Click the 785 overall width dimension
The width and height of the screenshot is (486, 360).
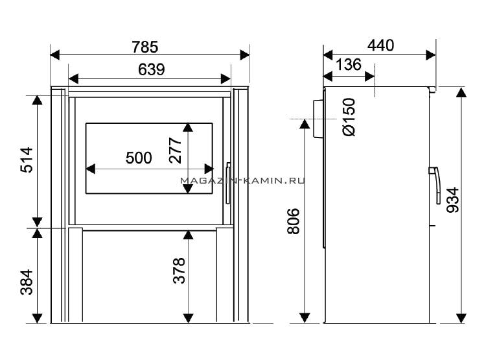pos(145,47)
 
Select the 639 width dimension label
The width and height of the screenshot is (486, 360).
pos(151,69)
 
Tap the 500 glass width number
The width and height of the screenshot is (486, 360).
pos(139,158)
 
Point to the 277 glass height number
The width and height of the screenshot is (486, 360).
pos(175,150)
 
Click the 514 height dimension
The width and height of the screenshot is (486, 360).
pos(27,160)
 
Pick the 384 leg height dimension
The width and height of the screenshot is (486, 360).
pos(27,282)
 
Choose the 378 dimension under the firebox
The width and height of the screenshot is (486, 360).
pos(179,270)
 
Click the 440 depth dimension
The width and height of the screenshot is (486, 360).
pos(380,45)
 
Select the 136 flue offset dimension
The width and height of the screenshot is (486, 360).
pos(349,65)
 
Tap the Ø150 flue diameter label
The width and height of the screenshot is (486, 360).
pos(349,117)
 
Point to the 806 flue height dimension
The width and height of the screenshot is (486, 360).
pos(294,221)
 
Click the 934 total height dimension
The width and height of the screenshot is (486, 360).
pos(452,200)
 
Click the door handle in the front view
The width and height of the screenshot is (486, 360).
pos(228,183)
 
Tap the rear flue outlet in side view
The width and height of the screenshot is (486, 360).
pos(319,119)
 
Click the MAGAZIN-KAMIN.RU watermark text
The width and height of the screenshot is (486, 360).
pos(243,180)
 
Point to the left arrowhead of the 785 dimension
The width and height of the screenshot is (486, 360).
pos(54,55)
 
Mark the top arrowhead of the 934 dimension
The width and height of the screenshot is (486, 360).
pos(461,93)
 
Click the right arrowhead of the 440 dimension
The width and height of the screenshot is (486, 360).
pos(431,55)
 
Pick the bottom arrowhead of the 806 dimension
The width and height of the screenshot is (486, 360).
pos(305,318)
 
